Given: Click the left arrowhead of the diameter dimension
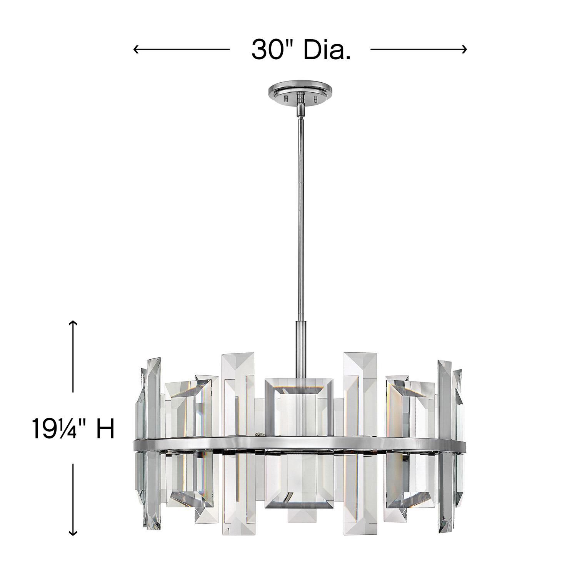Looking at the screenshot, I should [135, 49].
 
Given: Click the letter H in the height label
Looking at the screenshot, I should [105, 429].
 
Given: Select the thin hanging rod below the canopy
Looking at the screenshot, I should [300, 212].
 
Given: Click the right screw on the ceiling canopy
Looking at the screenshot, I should [316, 99].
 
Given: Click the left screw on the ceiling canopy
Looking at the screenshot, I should [285, 99].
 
